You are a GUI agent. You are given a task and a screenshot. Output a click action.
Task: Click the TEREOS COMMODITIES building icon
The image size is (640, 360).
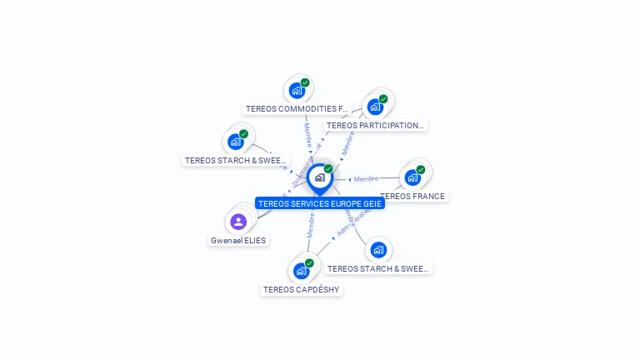(x=296, y=90)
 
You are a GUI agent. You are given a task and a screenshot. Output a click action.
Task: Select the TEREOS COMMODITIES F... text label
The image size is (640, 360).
(x=297, y=109)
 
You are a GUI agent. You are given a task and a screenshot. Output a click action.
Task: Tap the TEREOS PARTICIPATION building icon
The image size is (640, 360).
(x=375, y=106)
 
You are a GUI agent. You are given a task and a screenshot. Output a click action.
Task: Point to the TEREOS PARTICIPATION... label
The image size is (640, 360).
(x=375, y=126)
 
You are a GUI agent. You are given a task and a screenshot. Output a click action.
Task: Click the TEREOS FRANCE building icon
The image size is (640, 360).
(x=412, y=177)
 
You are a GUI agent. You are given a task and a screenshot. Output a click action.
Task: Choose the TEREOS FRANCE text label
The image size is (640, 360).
(x=413, y=197)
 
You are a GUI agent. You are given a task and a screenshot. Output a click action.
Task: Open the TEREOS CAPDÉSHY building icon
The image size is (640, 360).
(x=301, y=271)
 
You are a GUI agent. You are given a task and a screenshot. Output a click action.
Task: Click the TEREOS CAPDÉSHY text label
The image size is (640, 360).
(x=302, y=290)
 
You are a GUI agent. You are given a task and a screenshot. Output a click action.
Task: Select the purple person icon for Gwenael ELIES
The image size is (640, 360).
(x=237, y=222)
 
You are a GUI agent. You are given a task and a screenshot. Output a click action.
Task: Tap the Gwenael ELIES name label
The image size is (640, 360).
(x=238, y=241)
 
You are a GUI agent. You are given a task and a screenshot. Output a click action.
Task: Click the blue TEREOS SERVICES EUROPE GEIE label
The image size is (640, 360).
(x=320, y=203)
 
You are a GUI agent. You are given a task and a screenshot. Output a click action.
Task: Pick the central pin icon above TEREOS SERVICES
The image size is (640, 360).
(x=319, y=177)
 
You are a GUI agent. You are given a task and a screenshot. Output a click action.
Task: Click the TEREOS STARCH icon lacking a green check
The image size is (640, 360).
(x=378, y=250)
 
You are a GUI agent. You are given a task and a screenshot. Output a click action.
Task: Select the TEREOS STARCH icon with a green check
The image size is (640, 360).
(x=235, y=142)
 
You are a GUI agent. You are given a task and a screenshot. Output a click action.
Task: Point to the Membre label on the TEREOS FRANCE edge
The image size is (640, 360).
(x=366, y=179)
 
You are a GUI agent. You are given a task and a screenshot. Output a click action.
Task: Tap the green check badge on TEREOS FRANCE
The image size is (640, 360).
(x=421, y=169)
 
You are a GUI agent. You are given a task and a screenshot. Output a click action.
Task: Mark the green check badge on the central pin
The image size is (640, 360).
(x=328, y=168)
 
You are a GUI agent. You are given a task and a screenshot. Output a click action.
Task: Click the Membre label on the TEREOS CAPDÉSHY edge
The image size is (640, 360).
(x=311, y=225)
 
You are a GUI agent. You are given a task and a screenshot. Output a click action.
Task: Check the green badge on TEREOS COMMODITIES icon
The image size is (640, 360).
(x=305, y=82)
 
